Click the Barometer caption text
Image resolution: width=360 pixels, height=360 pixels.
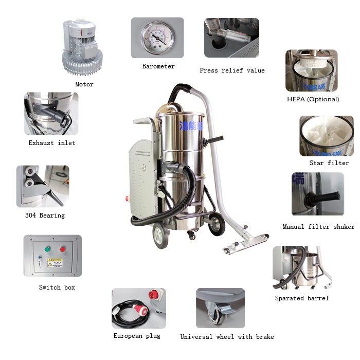[158, 66]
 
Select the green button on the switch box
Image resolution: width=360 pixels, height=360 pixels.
[48, 249]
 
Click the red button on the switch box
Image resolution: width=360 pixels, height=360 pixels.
[63, 249]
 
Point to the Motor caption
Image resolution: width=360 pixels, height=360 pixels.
[84, 84]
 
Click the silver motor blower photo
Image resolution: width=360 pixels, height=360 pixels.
[82, 47]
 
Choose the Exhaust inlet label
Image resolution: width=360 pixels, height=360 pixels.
[52, 143]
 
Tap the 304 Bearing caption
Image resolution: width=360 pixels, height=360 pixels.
[45, 215]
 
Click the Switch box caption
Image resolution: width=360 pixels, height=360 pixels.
[57, 287]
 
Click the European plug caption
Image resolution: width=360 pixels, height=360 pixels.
[137, 336]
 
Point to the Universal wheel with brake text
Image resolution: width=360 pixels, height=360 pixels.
[227, 337]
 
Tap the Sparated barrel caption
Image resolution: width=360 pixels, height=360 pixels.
[301, 298]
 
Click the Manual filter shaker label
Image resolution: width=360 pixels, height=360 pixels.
[318, 227]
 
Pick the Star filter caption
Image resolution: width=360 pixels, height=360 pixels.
[329, 163]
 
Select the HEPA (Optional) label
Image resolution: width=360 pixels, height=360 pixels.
[313, 99]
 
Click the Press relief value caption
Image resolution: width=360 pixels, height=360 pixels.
[232, 70]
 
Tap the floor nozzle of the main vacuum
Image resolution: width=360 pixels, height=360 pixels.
[246, 242]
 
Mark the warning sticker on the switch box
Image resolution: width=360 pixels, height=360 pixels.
[55, 263]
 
